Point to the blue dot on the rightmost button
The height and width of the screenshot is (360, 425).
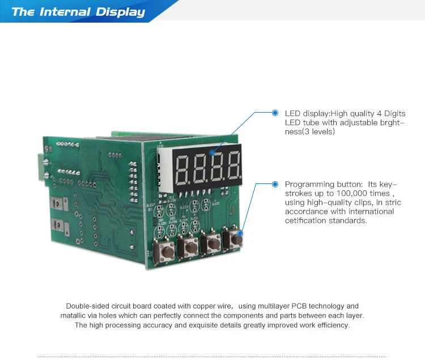240,233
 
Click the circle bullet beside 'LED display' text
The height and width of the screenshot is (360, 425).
275,113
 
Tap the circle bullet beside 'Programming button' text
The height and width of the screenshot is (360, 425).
275,184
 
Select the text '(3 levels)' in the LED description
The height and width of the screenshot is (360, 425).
318,131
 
